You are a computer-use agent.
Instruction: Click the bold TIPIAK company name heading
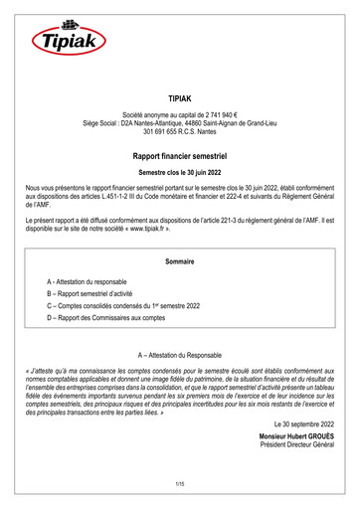click(180, 101)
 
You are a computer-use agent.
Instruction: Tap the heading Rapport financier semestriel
click(180, 157)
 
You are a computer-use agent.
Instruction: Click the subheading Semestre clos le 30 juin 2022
click(180, 173)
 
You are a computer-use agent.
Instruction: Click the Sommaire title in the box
click(180, 261)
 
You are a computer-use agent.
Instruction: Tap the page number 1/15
click(180, 483)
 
